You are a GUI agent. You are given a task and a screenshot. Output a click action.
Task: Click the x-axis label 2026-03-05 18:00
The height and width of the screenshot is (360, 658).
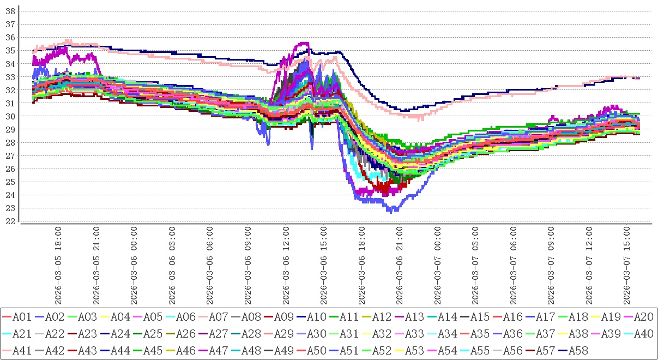coord(58,266)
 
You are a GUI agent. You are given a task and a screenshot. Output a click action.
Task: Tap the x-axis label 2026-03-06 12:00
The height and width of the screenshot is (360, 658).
coord(287,266)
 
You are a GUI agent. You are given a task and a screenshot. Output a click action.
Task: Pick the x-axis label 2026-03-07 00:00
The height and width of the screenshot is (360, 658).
coord(439,266)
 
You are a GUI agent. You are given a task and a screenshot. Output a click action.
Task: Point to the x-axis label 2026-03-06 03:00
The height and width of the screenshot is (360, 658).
coord(172,266)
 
